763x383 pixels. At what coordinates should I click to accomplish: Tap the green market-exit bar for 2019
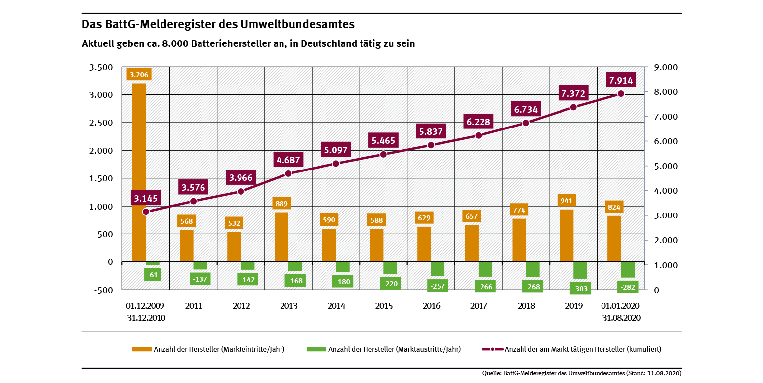[x=580, y=270]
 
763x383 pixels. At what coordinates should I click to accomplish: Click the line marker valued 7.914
[x=621, y=94]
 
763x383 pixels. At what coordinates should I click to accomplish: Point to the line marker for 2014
[x=336, y=163]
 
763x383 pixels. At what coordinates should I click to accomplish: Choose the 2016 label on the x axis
[x=431, y=306]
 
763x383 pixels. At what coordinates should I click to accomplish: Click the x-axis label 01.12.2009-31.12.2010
[x=146, y=312]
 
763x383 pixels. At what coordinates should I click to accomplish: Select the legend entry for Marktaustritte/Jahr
[x=384, y=349]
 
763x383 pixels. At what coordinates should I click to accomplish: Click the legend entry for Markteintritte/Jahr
[x=208, y=349]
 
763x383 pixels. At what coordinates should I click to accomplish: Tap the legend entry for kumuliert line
[x=571, y=349]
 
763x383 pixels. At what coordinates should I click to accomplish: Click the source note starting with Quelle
[x=581, y=373]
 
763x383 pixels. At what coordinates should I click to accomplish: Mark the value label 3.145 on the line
[x=146, y=198]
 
